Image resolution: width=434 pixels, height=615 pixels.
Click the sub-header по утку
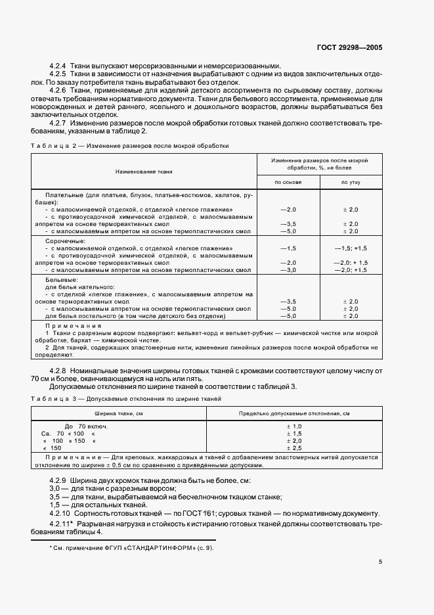(350, 182)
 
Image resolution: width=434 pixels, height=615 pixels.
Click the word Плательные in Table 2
(64, 195)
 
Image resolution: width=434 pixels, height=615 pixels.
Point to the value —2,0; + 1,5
(351, 262)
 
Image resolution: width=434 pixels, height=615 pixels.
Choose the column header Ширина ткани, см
(119, 414)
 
